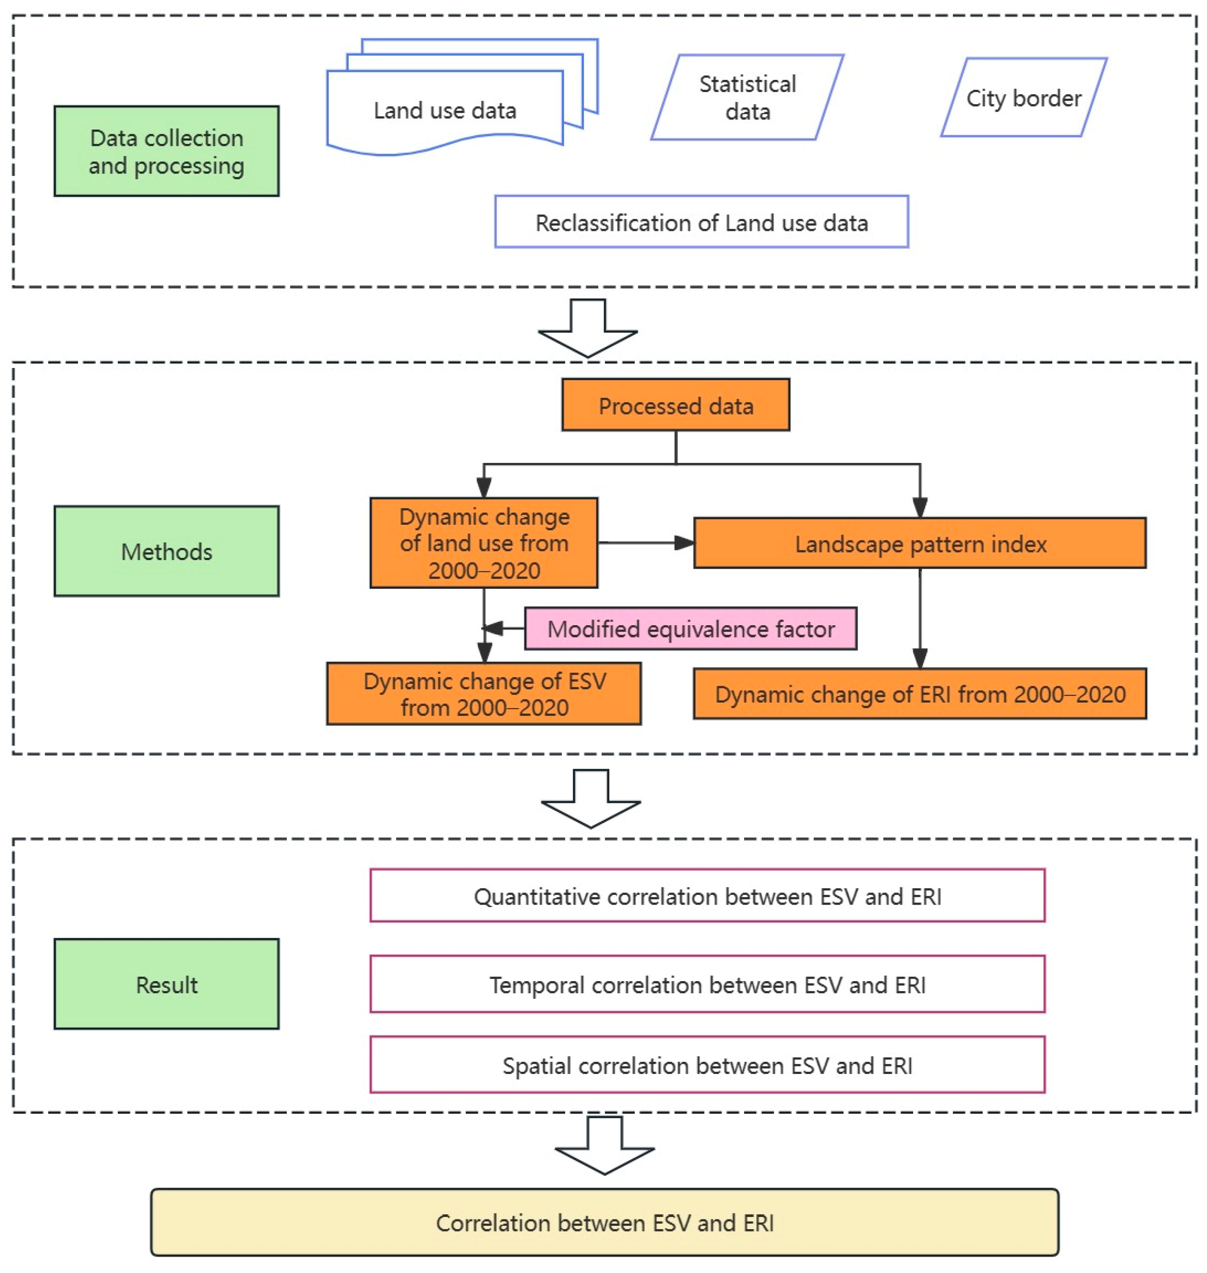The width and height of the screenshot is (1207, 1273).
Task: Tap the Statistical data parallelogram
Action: click(747, 97)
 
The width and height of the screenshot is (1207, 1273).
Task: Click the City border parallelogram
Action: click(1023, 98)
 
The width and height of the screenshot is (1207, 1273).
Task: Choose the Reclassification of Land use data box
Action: click(701, 222)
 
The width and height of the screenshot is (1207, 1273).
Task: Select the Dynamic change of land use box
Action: click(484, 542)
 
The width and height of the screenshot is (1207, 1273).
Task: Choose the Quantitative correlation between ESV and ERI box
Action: click(707, 896)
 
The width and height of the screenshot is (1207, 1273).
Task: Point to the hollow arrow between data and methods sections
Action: click(587, 328)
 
